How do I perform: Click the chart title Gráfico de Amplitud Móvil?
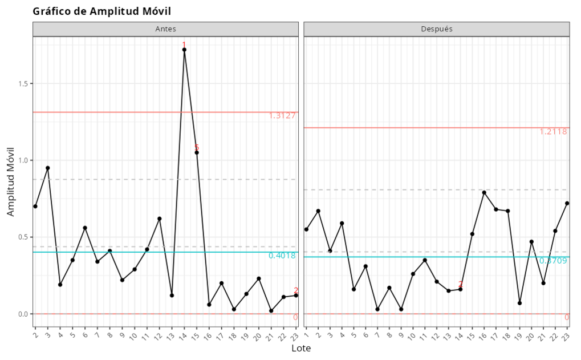pos(101,11)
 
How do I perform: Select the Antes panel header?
pos(165,29)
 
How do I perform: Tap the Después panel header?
pos(436,29)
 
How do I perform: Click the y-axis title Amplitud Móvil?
pos(11,181)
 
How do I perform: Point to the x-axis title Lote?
pos(301,348)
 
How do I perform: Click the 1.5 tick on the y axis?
pos(23,84)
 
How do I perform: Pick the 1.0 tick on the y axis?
pos(23,160)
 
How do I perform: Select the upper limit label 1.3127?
pos(282,116)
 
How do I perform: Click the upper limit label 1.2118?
pos(553,132)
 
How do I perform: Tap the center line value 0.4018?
pos(282,256)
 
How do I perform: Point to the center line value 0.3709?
pos(553,261)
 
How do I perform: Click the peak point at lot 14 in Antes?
pos(184,50)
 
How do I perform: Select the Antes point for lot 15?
pos(197,152)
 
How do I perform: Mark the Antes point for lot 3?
pos(48,168)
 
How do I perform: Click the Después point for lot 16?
pos(484,192)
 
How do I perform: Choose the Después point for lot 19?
pos(520,303)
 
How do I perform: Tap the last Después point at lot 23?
pos(567,203)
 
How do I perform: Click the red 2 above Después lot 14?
pos(461,284)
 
